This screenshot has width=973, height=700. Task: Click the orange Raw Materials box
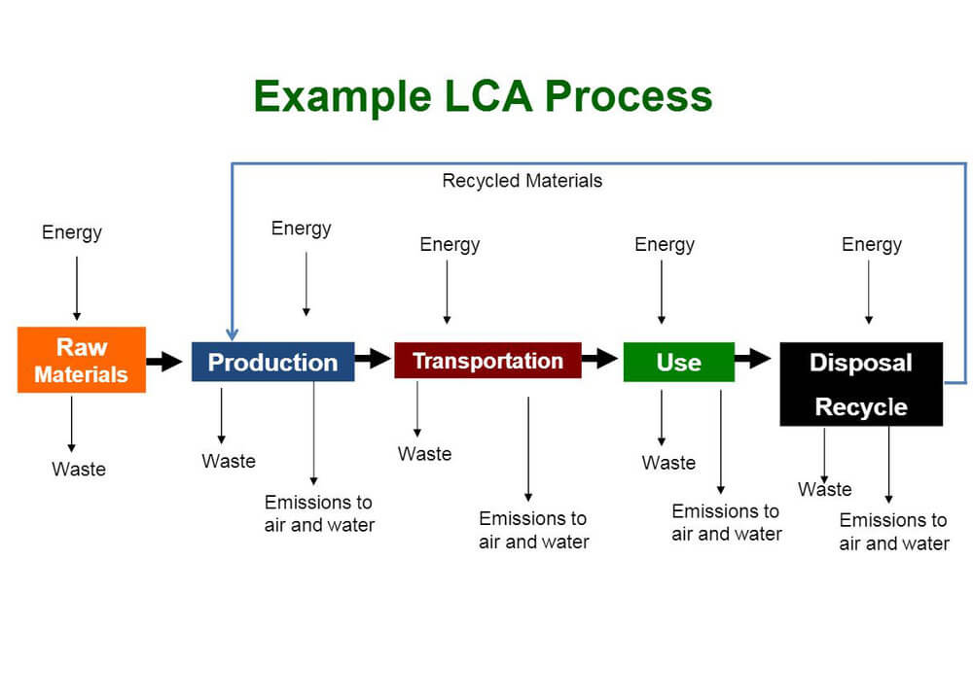(x=82, y=360)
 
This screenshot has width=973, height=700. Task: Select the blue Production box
(x=272, y=362)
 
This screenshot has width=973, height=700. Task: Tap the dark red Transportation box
(x=487, y=361)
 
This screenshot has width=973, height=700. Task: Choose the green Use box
(x=678, y=362)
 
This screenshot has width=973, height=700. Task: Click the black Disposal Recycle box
(x=861, y=384)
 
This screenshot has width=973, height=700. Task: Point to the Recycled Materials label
(x=523, y=181)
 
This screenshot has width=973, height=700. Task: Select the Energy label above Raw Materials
(x=72, y=232)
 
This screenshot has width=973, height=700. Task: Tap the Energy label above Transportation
(x=450, y=244)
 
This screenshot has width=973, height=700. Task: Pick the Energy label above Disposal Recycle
(x=872, y=244)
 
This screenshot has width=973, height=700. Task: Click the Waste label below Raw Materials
(x=79, y=470)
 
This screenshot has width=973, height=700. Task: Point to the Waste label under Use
(x=668, y=463)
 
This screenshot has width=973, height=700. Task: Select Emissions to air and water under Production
(x=319, y=513)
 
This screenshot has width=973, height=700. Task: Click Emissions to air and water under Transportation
(x=533, y=530)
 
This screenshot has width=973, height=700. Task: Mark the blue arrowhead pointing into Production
(x=232, y=333)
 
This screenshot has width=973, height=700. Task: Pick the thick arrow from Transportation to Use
(x=600, y=359)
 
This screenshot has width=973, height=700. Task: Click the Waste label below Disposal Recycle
(x=825, y=489)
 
